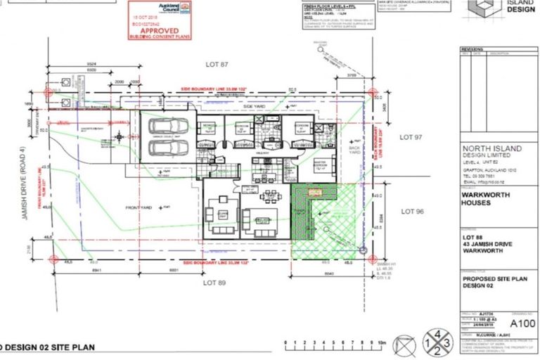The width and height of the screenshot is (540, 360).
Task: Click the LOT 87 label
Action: [x=214, y=65]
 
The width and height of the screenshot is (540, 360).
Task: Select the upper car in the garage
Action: [x=164, y=129]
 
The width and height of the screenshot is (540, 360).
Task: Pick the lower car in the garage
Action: [x=164, y=148]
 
